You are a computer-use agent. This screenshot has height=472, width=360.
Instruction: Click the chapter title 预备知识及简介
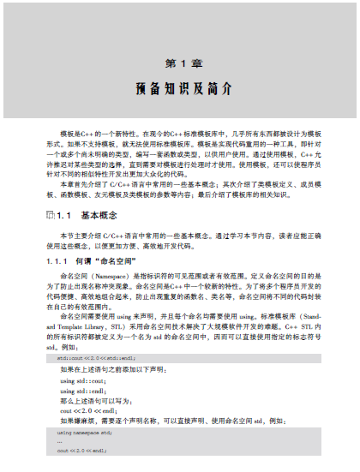pos(180,89)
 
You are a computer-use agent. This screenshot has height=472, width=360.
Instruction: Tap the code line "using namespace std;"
pos(87,435)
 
